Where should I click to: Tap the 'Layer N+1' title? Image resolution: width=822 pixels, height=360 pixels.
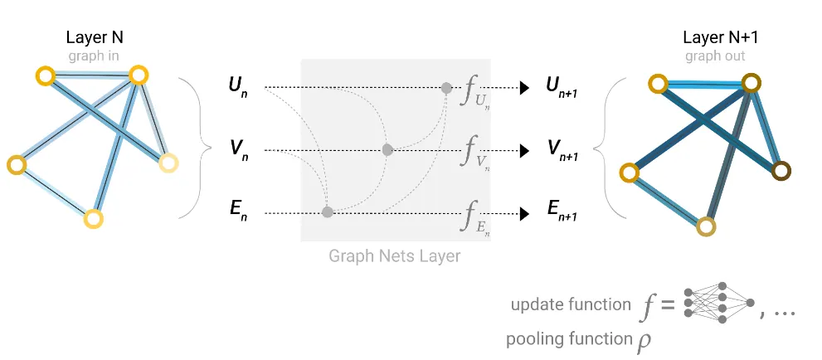tap(714, 38)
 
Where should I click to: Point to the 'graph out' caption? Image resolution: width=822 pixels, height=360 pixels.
tap(715, 56)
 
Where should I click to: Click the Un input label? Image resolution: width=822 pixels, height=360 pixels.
tap(237, 86)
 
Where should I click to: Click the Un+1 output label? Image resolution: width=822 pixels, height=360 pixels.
tap(561, 86)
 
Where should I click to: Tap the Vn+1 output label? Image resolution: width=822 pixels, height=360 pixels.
tap(562, 150)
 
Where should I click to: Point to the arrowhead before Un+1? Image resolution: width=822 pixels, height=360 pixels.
tap(524, 87)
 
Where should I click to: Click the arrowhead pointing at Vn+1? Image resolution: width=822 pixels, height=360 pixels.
tap(524, 150)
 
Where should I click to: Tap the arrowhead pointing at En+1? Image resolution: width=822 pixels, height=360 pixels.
tap(524, 213)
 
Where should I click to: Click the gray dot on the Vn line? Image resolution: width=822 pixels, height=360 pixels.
tap(387, 150)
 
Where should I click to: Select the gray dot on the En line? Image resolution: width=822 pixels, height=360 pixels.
tap(328, 212)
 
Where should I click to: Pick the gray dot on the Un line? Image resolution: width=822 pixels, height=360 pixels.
tap(446, 87)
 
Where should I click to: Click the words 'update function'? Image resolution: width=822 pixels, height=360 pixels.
tap(571, 304)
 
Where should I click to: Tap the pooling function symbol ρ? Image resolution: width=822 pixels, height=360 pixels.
tap(644, 341)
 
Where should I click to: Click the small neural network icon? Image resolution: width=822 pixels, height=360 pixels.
tap(718, 307)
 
